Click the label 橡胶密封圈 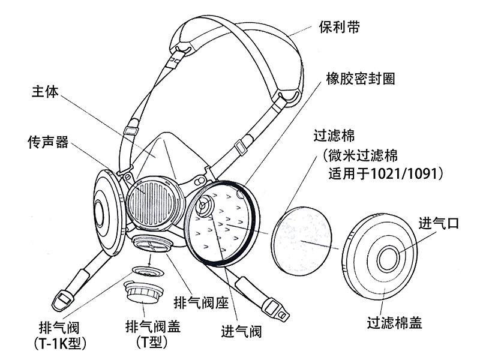coord(360,79)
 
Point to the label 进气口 coord(439,224)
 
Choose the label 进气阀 coord(242,331)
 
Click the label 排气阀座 coord(201,303)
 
